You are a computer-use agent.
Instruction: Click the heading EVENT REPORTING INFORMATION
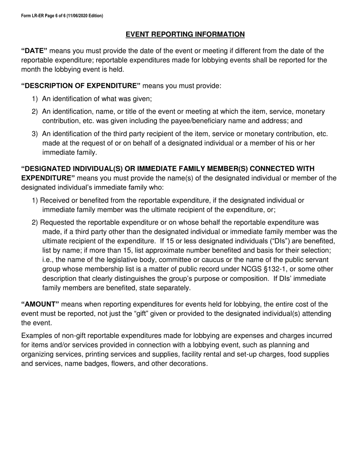coord(185,34)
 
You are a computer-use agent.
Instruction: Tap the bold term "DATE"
coord(34,51)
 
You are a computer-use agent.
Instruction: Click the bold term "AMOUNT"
coord(40,304)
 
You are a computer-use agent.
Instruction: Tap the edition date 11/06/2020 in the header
coord(78,16)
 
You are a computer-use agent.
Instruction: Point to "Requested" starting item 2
coord(56,222)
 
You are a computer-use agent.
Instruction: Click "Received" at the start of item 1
coord(54,200)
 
